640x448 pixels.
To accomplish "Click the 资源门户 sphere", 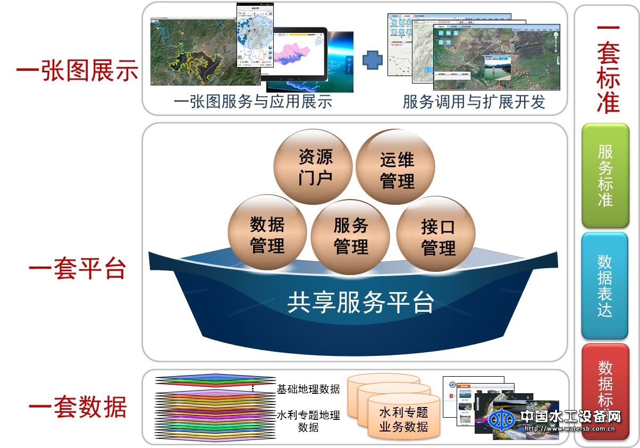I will point(314,167).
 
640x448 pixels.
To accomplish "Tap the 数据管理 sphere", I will point(267,234).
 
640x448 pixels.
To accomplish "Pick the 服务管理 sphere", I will point(350,235).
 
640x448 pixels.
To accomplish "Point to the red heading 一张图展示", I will point(77,71).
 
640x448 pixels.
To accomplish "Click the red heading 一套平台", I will point(77,269).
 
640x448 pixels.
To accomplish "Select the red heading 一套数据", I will point(77,408).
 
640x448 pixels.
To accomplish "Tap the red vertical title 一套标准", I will point(608,69).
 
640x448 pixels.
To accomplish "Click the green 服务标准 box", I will point(605,176).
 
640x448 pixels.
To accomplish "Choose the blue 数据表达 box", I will point(605,286).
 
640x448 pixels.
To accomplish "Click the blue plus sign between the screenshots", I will point(373,60).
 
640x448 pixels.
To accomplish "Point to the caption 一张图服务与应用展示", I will point(253,102).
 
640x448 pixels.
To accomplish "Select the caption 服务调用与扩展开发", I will point(474,102).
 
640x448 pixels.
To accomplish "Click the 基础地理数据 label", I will point(308,389).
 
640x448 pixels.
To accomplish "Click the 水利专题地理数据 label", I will point(308,421).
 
